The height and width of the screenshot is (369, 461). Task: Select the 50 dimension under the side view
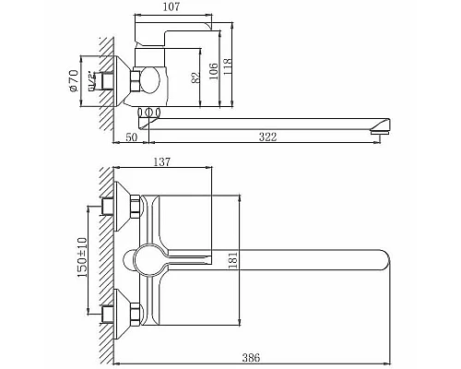(x=131, y=137)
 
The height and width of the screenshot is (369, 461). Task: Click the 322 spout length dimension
(x=268, y=137)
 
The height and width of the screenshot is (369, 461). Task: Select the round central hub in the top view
(x=148, y=259)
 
